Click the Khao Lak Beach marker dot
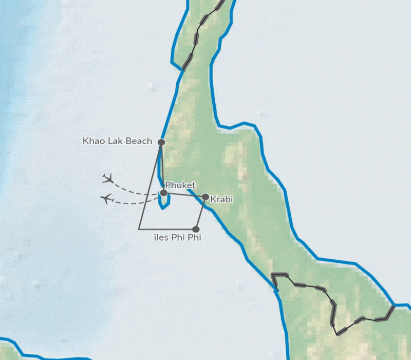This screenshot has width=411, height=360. (161, 142)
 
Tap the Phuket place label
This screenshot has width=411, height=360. (180, 185)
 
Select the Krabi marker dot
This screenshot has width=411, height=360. (206, 197)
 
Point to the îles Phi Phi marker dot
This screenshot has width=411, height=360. (195, 229)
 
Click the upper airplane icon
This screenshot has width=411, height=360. (108, 178)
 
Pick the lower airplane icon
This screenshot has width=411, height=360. (107, 199)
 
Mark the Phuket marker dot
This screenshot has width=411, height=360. (163, 193)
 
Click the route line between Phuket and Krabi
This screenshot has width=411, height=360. (185, 195)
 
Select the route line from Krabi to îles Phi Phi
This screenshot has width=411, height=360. (200, 213)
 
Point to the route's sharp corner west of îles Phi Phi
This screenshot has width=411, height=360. (139, 229)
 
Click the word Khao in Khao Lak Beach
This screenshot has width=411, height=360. (93, 141)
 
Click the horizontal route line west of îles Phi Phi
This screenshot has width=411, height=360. (167, 229)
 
